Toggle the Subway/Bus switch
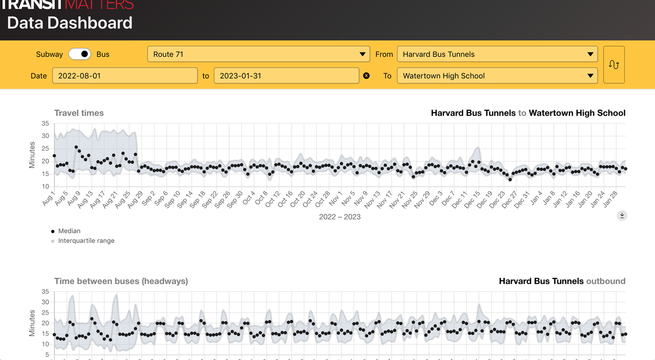[x=80, y=54]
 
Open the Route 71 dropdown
[x=259, y=54]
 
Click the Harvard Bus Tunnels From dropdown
[x=497, y=54]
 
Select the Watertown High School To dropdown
[x=497, y=76]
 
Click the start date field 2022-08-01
[x=124, y=76]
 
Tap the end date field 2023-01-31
[x=286, y=76]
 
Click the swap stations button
[x=614, y=65]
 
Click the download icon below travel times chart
[x=622, y=215]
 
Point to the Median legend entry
[x=69, y=231]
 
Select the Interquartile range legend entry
[x=86, y=241]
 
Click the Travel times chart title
[x=79, y=113]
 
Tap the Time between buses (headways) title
[x=121, y=281]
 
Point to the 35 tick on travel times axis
[x=45, y=124]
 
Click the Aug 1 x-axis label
[x=48, y=198]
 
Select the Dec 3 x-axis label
[x=435, y=198]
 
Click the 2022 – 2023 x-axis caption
[x=340, y=217]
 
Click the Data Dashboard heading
[x=70, y=23]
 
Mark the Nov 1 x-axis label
[x=335, y=199]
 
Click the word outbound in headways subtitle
[x=605, y=281]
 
